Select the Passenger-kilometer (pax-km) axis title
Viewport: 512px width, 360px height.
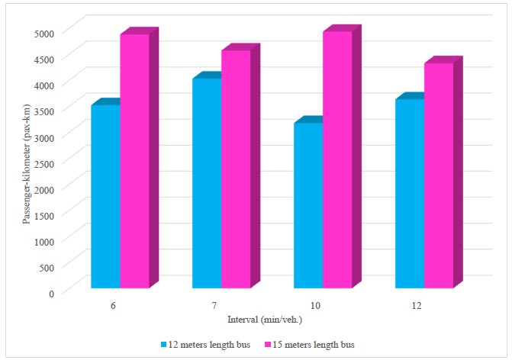click(26, 162)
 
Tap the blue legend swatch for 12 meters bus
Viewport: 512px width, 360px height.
click(164, 344)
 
